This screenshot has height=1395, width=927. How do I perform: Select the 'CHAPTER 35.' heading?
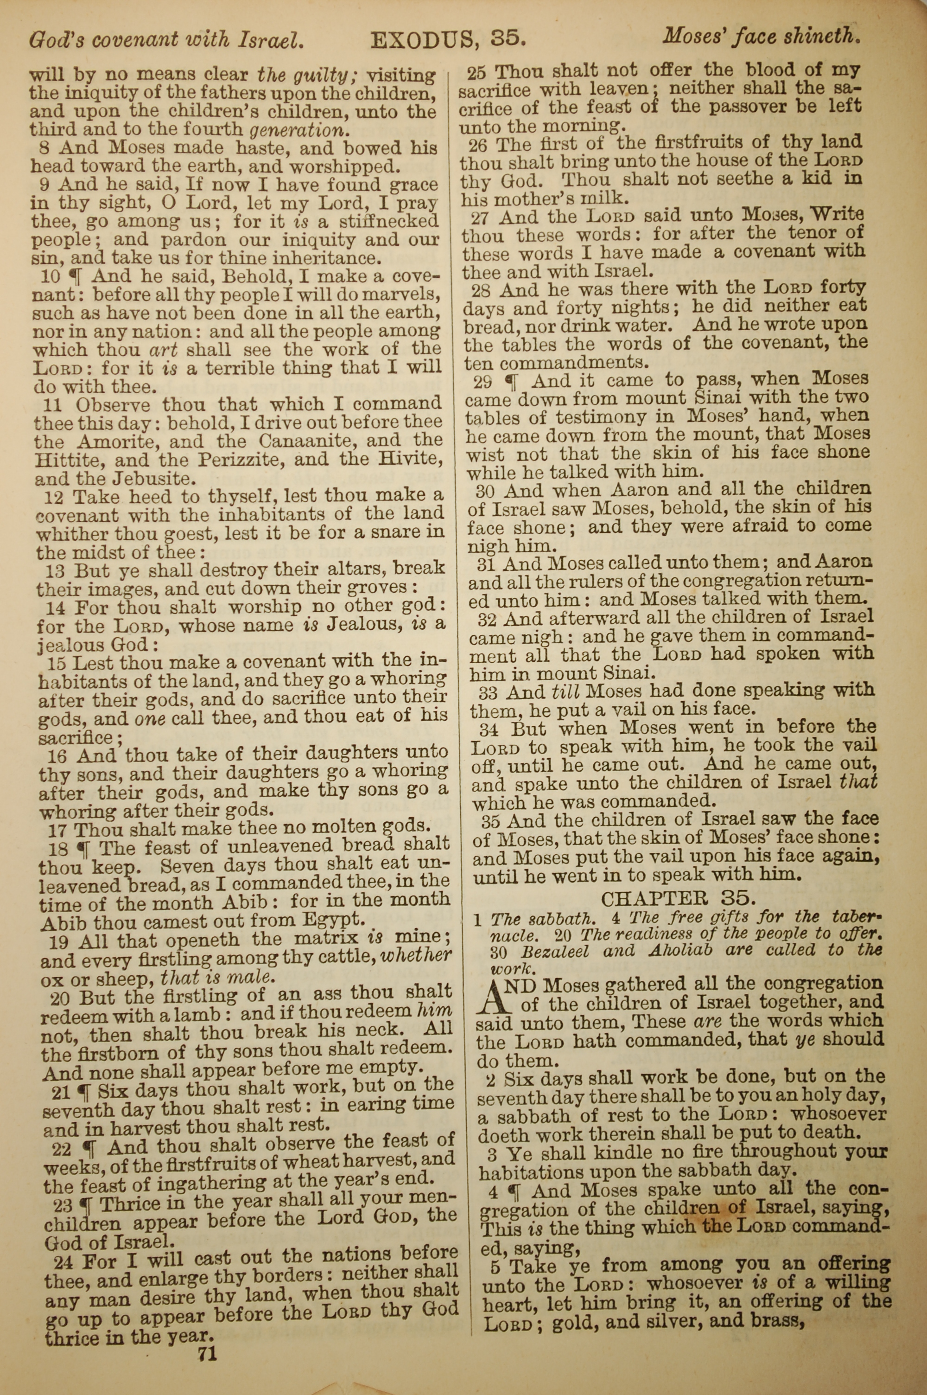[678, 899]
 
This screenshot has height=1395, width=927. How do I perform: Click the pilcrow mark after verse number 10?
[75, 275]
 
